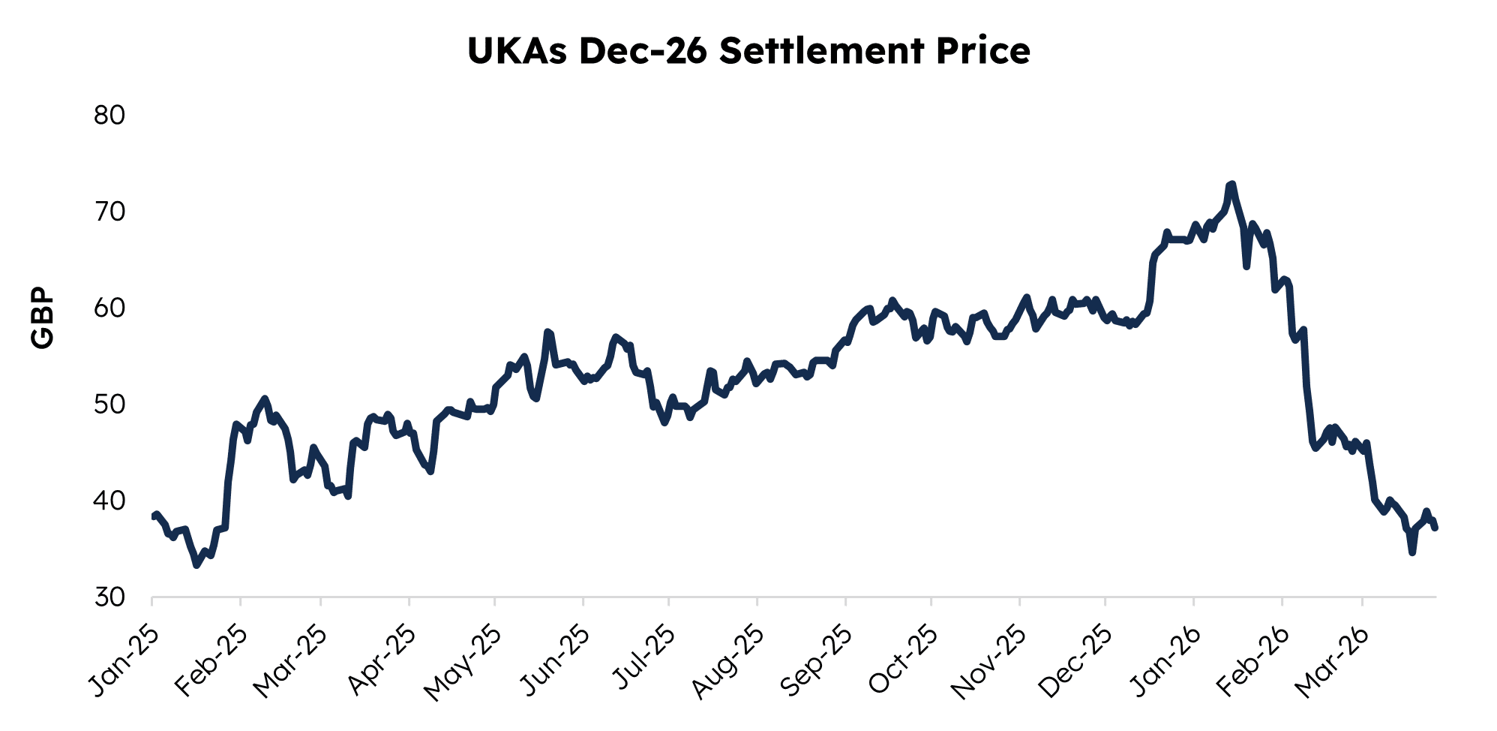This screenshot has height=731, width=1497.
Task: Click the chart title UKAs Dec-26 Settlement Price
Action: pos(748,51)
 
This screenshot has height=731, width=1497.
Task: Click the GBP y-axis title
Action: pos(43,317)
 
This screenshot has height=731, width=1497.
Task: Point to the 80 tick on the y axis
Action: pos(109,116)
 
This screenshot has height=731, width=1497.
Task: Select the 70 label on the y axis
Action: pos(109,212)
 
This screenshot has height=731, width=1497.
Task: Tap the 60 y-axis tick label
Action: pos(109,308)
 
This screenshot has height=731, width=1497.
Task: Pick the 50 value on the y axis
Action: pos(109,405)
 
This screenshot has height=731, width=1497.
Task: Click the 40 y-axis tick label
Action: pos(109,501)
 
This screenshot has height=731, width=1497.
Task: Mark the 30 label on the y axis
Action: pos(109,597)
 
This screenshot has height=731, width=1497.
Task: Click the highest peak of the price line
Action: pos(1231,184)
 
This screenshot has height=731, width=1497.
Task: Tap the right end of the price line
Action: pos(1435,528)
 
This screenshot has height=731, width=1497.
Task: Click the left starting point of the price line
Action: pos(153,516)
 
